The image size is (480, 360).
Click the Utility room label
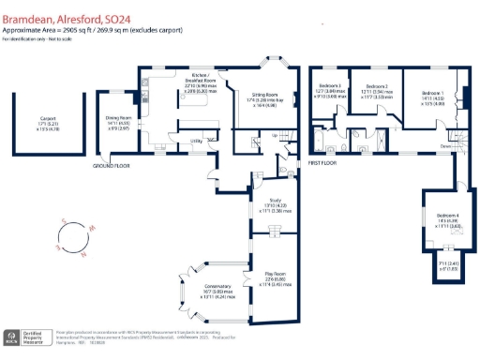click(171, 140)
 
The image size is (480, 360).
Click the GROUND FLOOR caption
click(110, 166)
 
